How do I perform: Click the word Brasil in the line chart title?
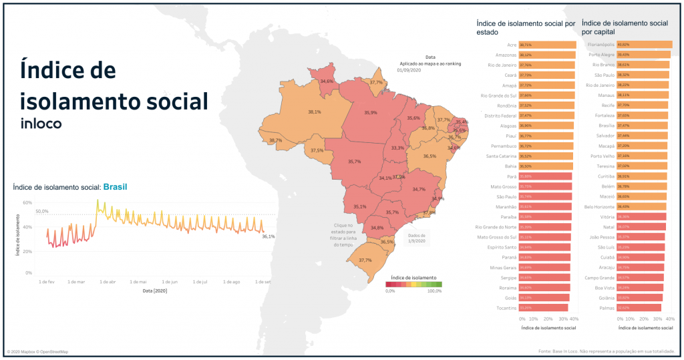[x=115, y=187]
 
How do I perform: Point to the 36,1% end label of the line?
[x=268, y=236]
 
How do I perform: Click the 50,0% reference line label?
[x=42, y=211]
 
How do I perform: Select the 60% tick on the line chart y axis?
[x=27, y=202]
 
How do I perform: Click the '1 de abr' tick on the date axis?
[x=107, y=282]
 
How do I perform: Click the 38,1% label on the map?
[x=314, y=112]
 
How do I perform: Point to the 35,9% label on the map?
[x=370, y=113]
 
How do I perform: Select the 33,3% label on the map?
[x=397, y=148]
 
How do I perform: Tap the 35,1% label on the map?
[x=360, y=206]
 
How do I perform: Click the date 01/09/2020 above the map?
[x=408, y=69]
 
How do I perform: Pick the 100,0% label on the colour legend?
[x=434, y=291]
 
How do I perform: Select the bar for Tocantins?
[x=544, y=307]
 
